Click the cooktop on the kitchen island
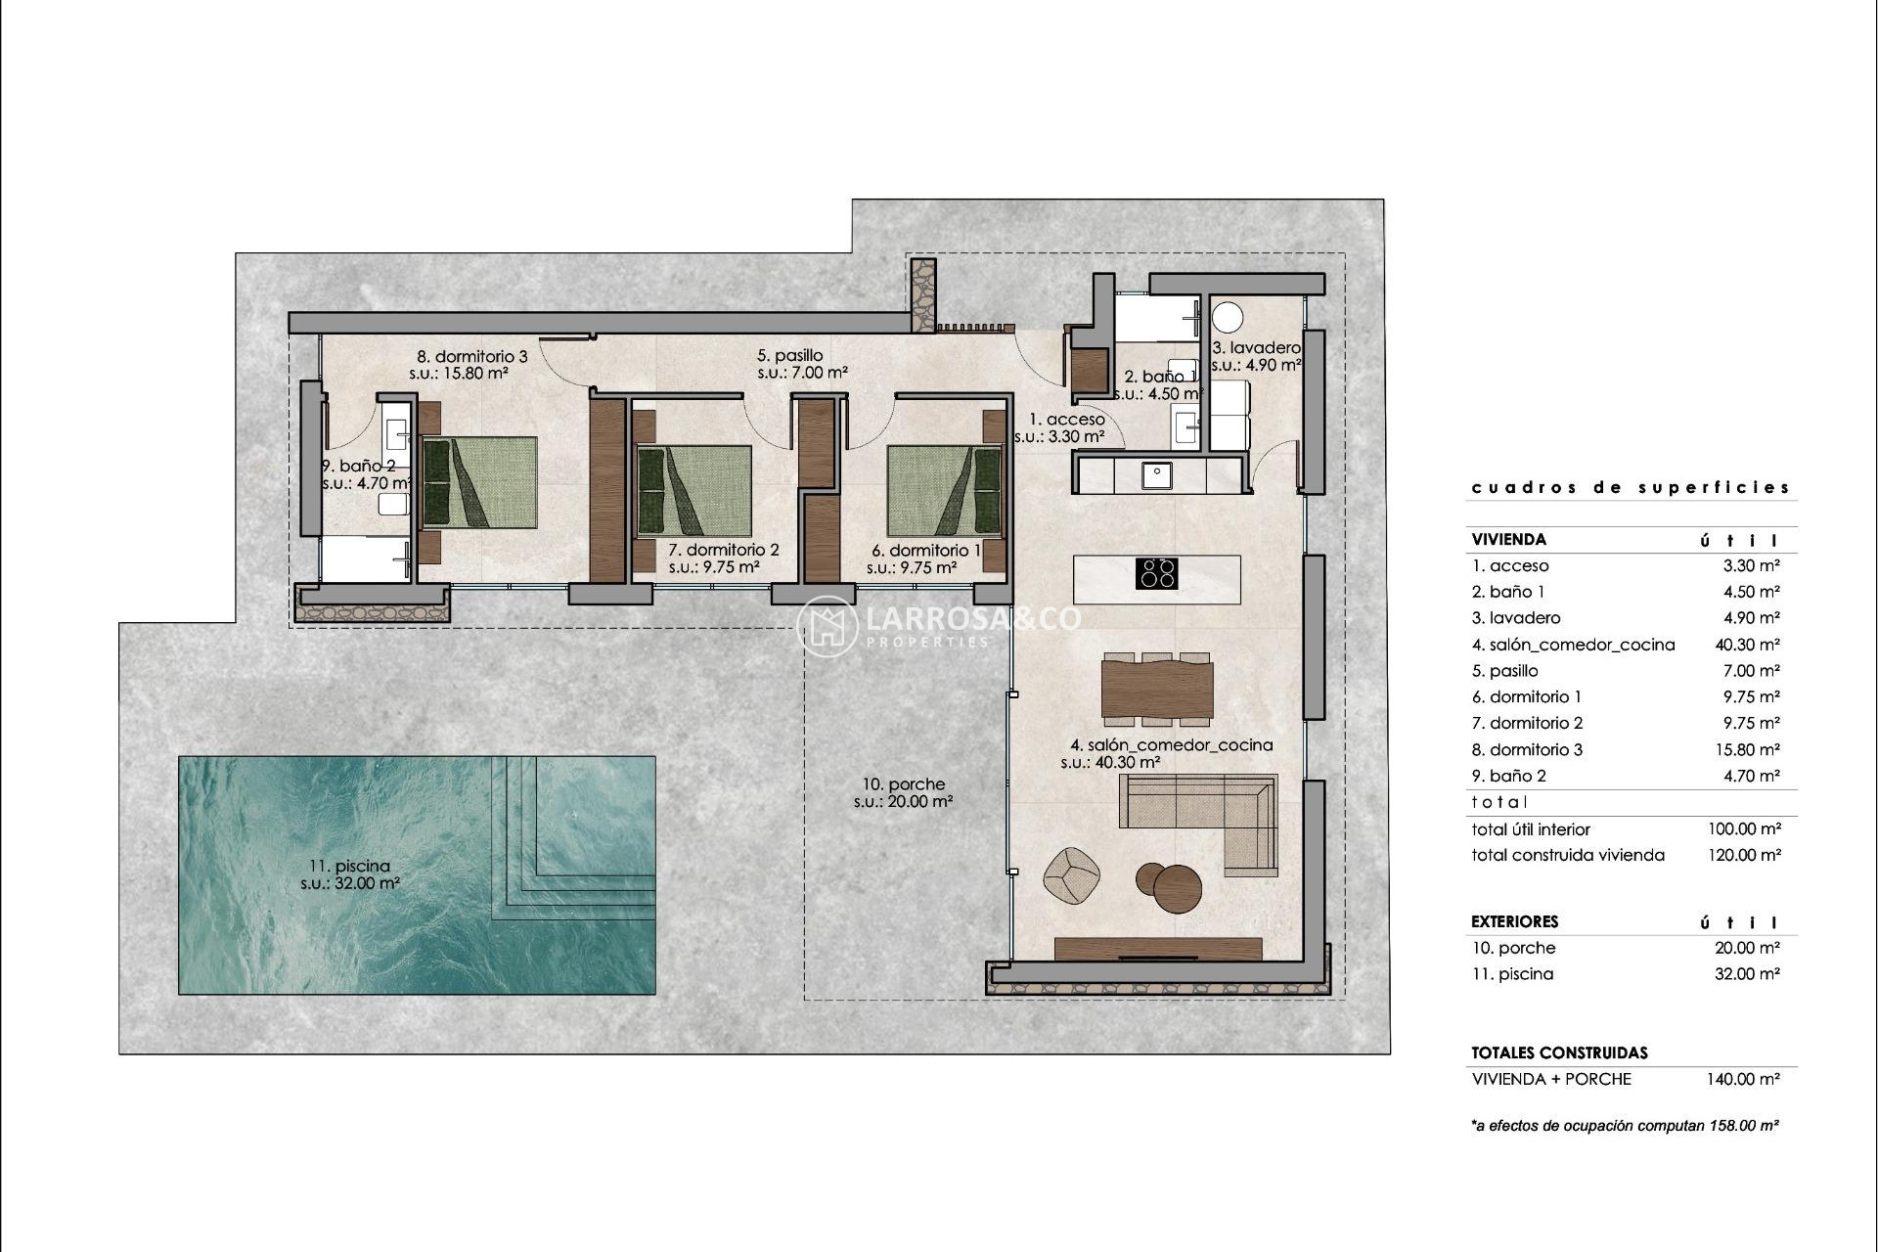tap(1156, 573)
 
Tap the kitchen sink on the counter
tap(1157, 475)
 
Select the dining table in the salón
tap(1157, 690)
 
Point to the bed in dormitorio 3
tap(479, 483)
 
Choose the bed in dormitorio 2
tap(693, 491)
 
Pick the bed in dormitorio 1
tap(946, 491)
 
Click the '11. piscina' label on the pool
tap(349, 866)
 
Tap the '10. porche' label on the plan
tap(903, 784)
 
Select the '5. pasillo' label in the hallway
tap(789, 356)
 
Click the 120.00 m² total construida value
tap(1744, 855)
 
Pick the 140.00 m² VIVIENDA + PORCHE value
tap(1744, 1079)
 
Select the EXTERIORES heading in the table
tap(1514, 921)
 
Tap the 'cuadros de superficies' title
tap(1630, 487)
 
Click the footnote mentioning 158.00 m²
tap(1624, 1126)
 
